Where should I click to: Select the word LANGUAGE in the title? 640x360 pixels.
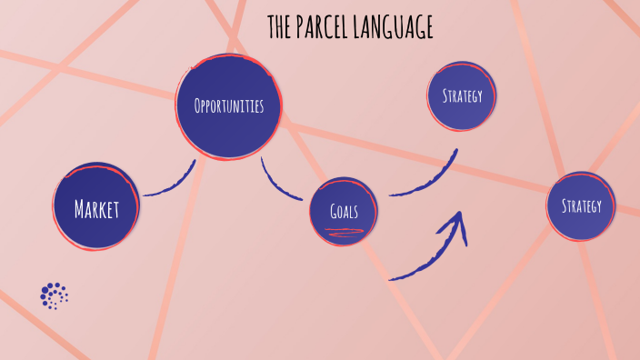(396, 27)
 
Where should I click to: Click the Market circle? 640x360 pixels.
(96, 207)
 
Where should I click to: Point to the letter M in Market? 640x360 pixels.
(80, 209)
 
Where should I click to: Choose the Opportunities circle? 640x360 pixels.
(229, 107)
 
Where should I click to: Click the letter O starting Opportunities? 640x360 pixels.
(198, 107)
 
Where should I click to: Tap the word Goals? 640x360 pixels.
(343, 212)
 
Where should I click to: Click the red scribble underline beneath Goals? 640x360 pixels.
(344, 232)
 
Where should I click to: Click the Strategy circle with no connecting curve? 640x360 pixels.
(581, 205)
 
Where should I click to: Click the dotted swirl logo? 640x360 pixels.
(54, 295)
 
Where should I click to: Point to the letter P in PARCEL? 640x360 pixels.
(302, 27)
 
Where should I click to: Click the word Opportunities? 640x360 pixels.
(229, 107)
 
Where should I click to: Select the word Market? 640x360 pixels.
(96, 209)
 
